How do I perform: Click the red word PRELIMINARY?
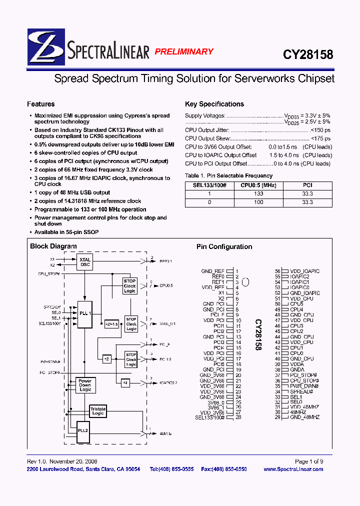183,51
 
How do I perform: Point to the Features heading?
41,104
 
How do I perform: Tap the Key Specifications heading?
214,104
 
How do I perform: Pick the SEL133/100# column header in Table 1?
209,185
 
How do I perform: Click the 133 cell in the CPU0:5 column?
258,193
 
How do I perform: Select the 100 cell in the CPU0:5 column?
258,202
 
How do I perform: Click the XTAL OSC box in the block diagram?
85,262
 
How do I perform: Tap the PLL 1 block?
84,313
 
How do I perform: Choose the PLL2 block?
82,430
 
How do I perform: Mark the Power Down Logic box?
85,385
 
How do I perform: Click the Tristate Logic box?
98,411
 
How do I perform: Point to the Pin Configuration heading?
224,246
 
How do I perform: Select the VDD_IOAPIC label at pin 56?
304,271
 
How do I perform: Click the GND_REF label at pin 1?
213,271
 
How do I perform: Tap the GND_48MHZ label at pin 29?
304,417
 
